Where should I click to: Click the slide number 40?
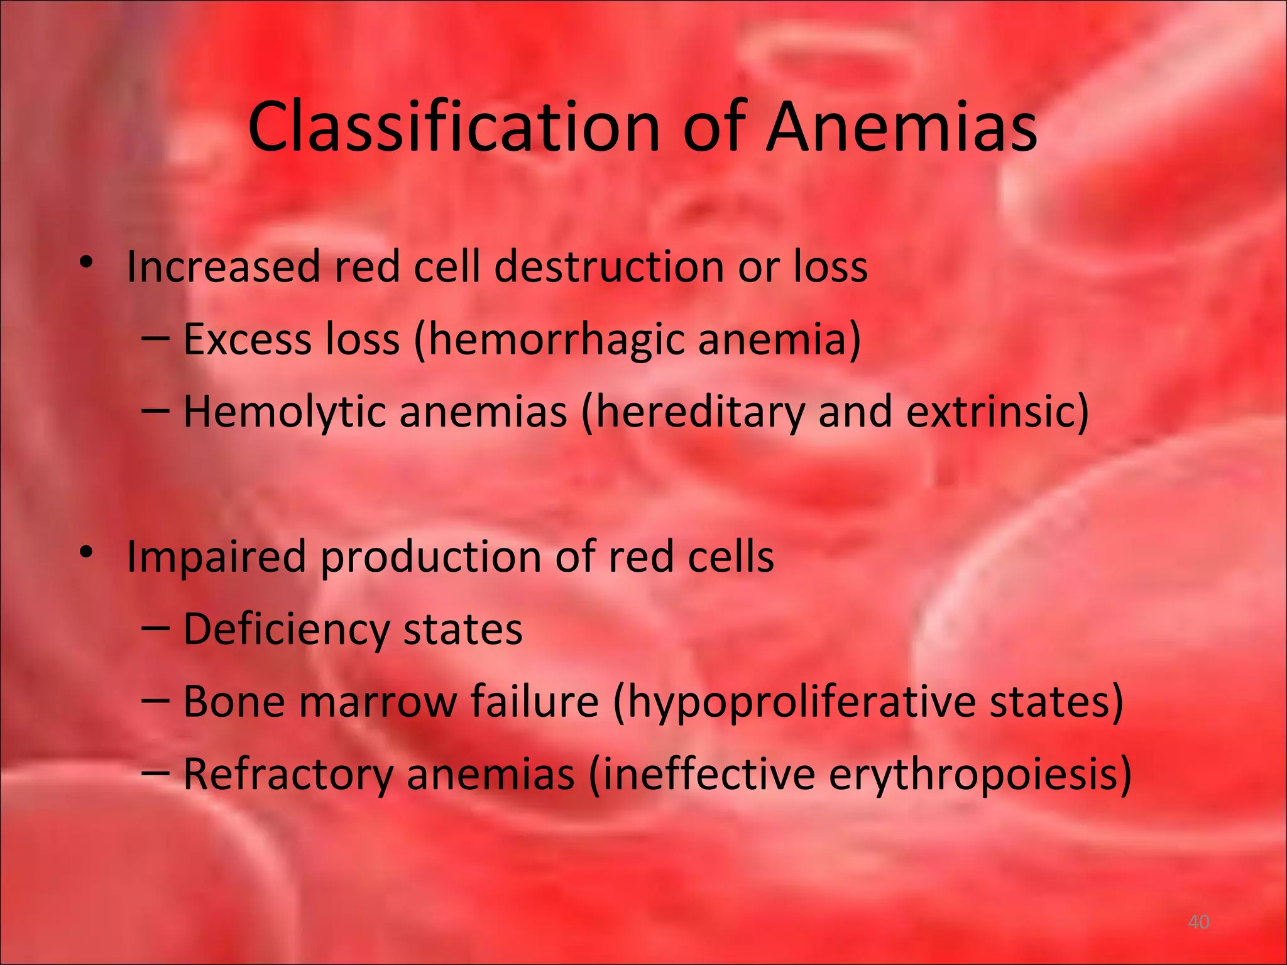[1198, 922]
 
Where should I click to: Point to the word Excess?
[247, 339]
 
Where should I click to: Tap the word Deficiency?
[286, 630]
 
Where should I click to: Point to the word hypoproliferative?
[799, 703]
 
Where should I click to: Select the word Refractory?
[288, 775]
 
